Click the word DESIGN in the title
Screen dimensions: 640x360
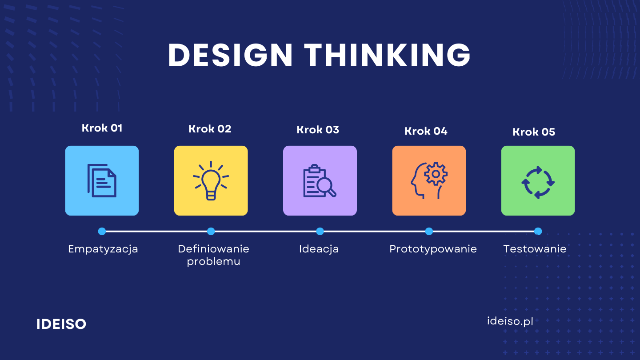pyautogui.click(x=230, y=55)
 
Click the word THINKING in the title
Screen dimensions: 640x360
pyautogui.click(x=387, y=55)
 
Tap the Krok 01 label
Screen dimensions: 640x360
pyautogui.click(x=102, y=128)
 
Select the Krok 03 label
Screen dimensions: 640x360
pyautogui.click(x=318, y=130)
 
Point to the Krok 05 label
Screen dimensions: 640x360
pyautogui.click(x=534, y=132)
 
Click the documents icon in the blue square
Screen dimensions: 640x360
pyautogui.click(x=102, y=180)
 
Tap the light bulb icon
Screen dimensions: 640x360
pyautogui.click(x=211, y=180)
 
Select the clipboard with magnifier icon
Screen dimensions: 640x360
pyautogui.click(x=320, y=180)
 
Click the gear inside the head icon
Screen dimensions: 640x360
pyautogui.click(x=436, y=174)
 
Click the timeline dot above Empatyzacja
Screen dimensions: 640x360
pyautogui.click(x=102, y=232)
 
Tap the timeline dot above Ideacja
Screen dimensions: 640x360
pyautogui.click(x=320, y=232)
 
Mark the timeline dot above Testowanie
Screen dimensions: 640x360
pyautogui.click(x=538, y=232)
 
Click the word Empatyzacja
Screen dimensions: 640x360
pyautogui.click(x=103, y=249)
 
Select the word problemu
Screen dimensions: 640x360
pyautogui.click(x=213, y=262)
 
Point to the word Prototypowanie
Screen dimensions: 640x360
pyautogui.click(x=433, y=249)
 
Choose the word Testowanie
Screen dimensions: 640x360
pyautogui.click(x=535, y=249)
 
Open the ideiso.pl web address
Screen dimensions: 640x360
pyautogui.click(x=510, y=321)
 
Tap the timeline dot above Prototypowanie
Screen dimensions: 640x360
pyautogui.click(x=429, y=232)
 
